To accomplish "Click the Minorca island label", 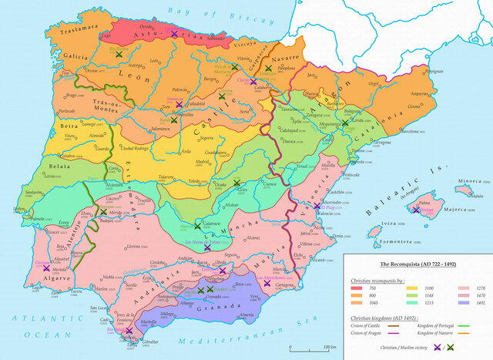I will [465, 183].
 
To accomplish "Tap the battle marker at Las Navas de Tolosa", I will [207, 247].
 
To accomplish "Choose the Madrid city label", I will [203, 162].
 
